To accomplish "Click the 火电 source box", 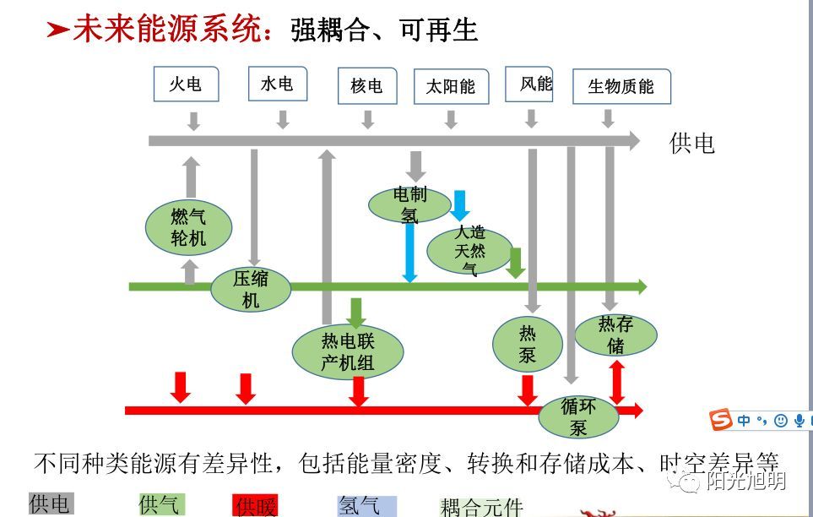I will coord(186,84).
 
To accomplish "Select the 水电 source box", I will coord(277,84).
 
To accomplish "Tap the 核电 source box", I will coord(366,86).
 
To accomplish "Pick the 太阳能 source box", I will coord(451,87).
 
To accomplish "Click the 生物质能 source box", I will coord(621,87).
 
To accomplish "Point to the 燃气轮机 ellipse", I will coord(188,227).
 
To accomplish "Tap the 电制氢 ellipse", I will coord(410,204).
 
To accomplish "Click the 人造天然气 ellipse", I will coord(469,250).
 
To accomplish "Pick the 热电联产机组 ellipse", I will coord(348,352).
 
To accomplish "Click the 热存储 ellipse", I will coord(615,335).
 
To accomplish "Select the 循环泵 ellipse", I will coord(578,416).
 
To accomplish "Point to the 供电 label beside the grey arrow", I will coord(691,144).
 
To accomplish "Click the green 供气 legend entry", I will coord(160,504).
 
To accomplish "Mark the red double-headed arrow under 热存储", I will coord(617,381).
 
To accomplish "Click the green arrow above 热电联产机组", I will coord(355,312).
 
